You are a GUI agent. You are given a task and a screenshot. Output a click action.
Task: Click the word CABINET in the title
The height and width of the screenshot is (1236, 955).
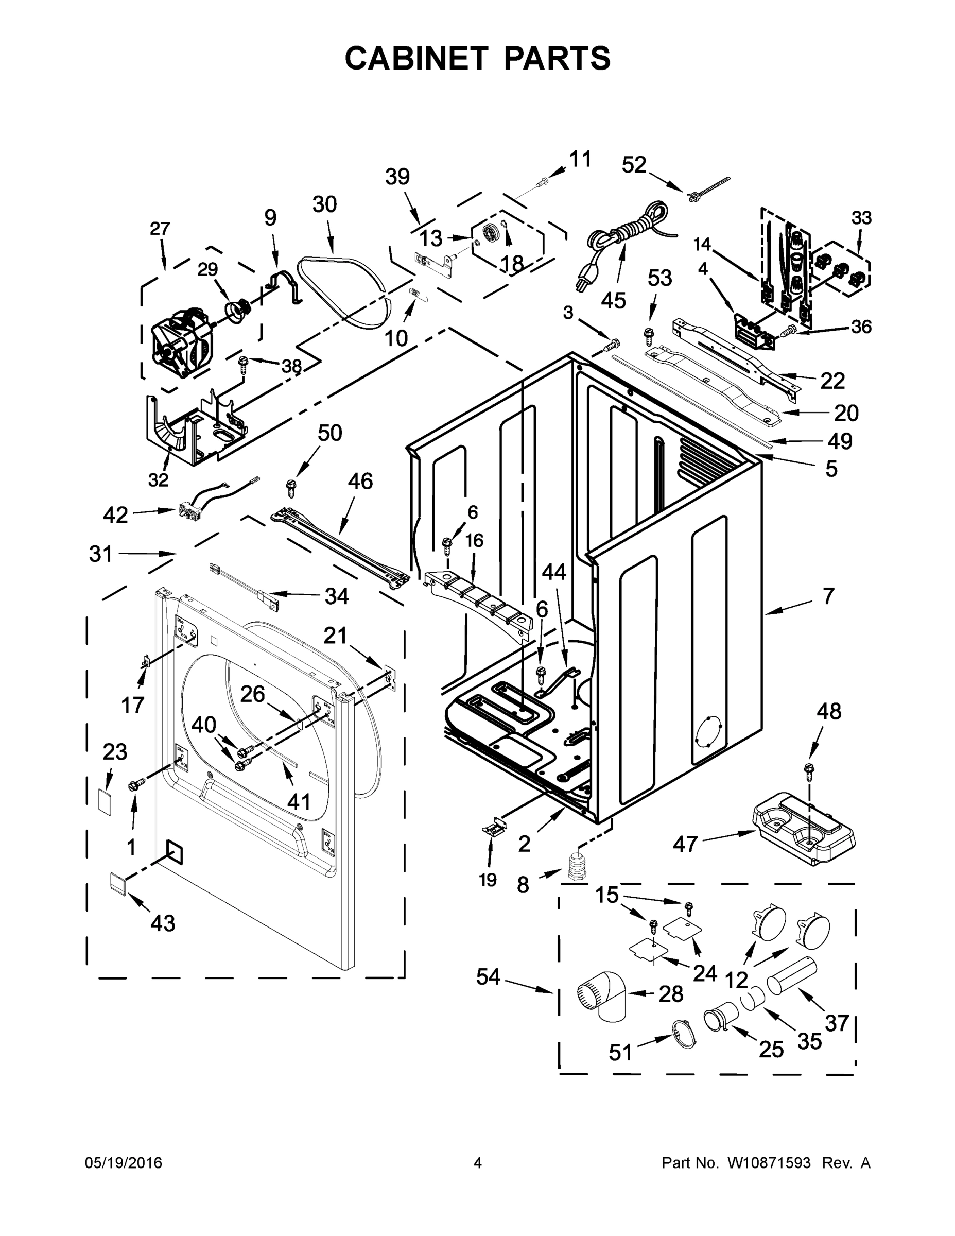(416, 58)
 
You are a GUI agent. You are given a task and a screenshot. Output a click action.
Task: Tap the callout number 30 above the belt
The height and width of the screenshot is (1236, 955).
(324, 204)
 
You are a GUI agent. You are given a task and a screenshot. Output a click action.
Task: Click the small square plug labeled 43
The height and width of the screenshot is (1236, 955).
(119, 882)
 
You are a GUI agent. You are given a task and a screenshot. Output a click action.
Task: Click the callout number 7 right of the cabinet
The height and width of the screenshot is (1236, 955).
(828, 596)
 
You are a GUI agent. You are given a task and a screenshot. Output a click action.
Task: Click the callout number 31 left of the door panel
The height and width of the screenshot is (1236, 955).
(101, 554)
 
